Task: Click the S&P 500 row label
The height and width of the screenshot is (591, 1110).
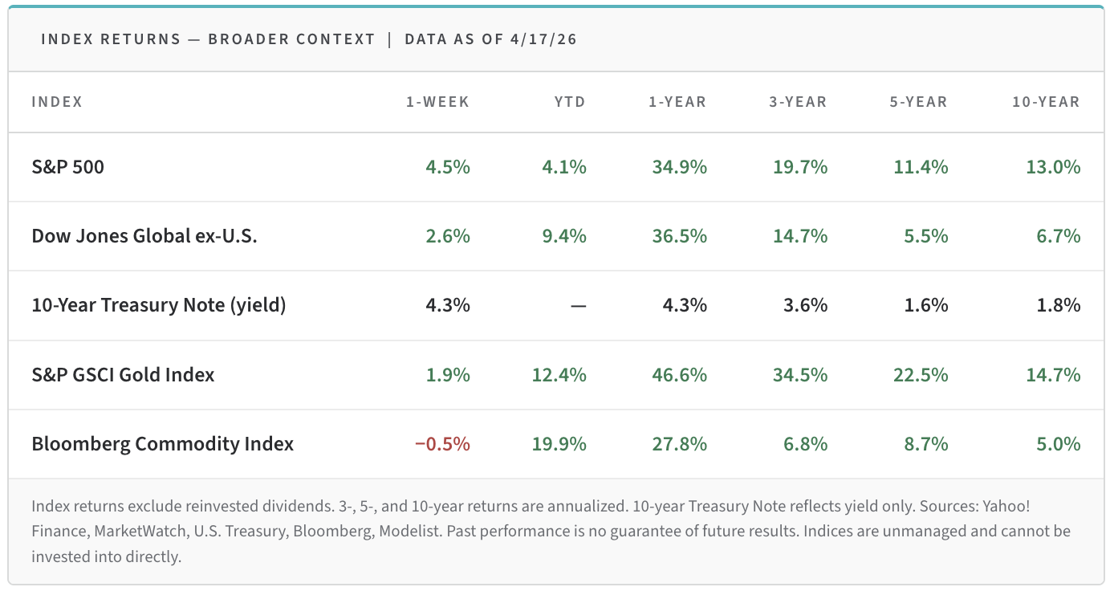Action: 68,167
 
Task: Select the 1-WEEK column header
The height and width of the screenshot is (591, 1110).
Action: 437,102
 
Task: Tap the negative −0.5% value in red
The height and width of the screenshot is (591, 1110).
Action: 442,444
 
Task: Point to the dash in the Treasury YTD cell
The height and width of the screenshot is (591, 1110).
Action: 578,306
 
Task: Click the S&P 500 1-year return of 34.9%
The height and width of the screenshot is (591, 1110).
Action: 678,167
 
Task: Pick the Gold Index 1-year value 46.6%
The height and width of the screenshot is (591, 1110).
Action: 678,375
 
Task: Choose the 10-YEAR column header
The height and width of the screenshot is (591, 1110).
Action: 1046,102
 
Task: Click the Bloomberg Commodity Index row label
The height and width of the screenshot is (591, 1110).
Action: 163,444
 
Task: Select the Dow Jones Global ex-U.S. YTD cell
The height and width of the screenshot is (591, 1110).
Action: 559,236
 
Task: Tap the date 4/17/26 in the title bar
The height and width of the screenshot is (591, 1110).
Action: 543,39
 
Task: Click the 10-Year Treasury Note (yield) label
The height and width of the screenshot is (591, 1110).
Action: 159,305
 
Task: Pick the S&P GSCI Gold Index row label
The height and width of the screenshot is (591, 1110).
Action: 123,375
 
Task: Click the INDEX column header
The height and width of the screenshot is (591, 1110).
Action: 57,102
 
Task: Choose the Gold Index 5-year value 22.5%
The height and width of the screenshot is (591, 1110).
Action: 920,375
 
